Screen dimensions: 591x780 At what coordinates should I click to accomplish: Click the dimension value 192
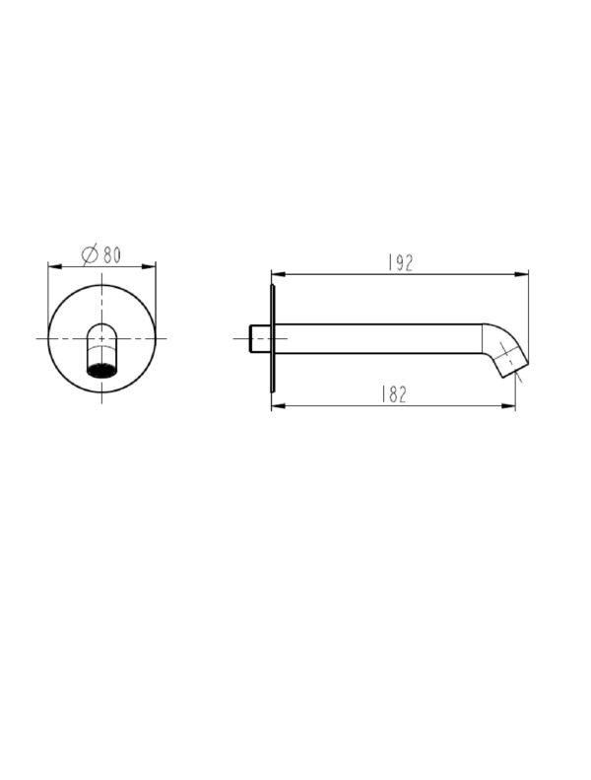point(401,262)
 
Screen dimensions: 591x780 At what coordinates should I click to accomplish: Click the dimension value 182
point(394,394)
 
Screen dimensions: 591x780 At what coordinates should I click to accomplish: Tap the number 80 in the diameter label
point(112,254)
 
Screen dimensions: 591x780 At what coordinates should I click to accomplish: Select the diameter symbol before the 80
point(90,254)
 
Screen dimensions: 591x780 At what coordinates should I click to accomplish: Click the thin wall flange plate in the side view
point(273,338)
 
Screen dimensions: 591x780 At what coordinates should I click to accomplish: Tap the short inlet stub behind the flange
point(260,338)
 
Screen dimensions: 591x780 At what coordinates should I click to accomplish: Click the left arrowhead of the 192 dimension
point(279,273)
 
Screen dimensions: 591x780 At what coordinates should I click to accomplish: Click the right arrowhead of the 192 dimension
point(521,273)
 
